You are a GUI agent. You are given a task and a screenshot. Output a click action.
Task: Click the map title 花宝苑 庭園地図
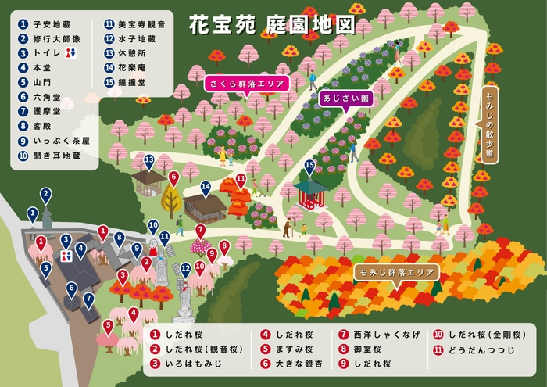coord(271,25)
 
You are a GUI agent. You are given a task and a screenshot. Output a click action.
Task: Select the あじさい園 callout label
coord(344,99)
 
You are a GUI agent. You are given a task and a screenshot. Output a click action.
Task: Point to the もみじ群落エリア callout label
coord(395,272)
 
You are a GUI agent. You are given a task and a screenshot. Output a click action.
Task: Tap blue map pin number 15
coord(309,166)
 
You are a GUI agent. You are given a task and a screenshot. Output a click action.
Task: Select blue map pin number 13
coord(149,161)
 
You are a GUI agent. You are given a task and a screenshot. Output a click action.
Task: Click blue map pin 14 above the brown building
coord(205,188)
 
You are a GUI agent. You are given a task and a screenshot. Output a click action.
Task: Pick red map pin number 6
coord(173,178)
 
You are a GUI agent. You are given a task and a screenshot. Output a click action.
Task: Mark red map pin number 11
coord(242,181)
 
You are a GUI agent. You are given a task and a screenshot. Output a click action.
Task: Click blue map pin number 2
coord(46,194)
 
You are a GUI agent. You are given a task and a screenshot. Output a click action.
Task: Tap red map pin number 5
coord(109,326)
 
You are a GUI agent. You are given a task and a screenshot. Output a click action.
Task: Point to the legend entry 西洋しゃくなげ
coord(373,334)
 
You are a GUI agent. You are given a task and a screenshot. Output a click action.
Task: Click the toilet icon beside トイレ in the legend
coord(73,53)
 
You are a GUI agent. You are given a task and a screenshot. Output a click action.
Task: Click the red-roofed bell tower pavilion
coord(310,192)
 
